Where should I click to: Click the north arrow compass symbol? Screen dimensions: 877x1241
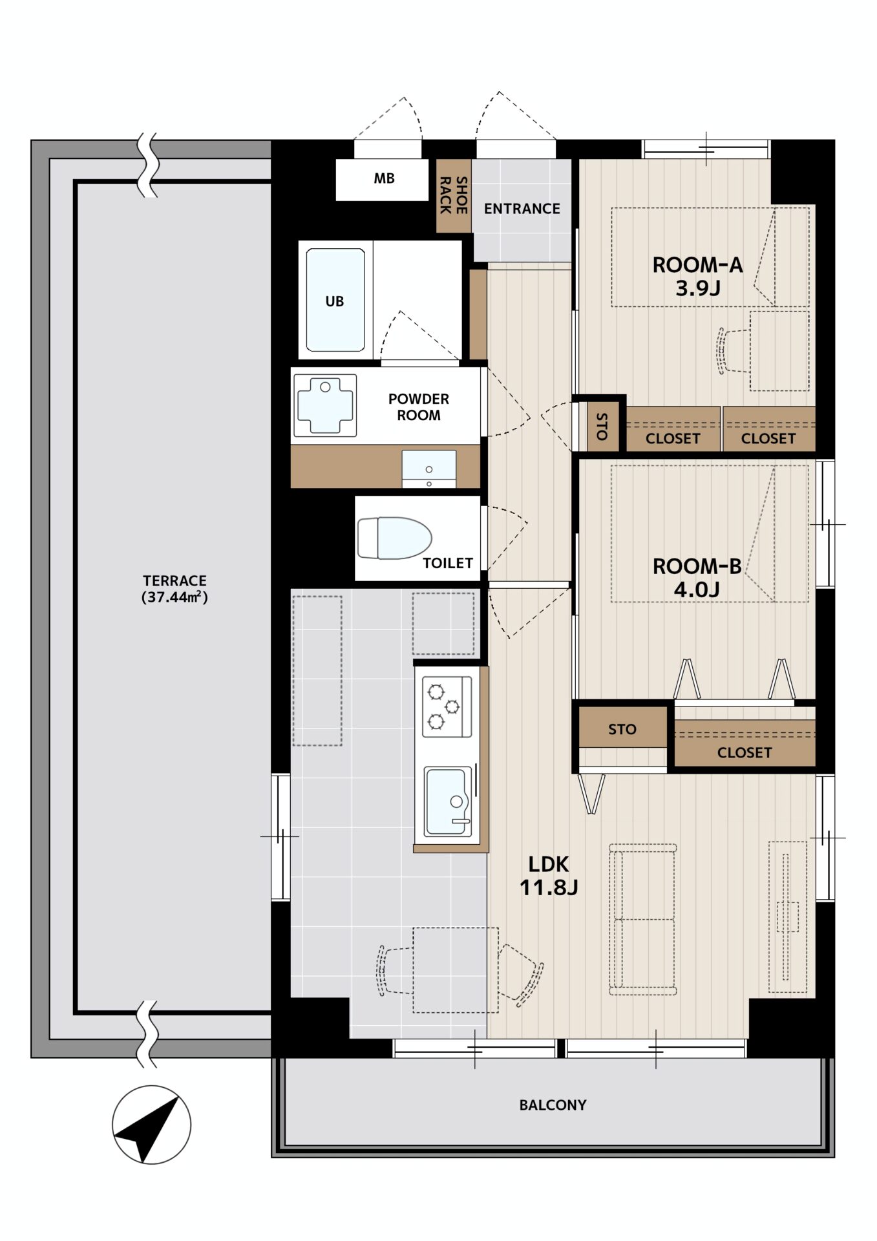point(151,1125)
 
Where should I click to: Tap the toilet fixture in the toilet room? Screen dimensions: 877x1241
point(394,538)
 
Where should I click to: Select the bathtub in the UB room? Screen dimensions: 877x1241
point(335,300)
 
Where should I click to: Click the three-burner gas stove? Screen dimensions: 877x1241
point(447,706)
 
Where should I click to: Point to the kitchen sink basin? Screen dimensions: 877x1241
point(447,801)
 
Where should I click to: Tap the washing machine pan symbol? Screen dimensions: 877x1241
point(325,405)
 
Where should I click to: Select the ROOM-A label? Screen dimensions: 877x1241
point(697,265)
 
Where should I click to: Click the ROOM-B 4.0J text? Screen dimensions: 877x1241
point(697,578)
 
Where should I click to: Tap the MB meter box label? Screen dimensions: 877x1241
point(384,178)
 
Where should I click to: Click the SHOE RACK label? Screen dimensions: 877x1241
point(454,195)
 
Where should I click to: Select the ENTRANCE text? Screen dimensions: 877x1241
point(522,209)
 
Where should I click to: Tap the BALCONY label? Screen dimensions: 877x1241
point(553,1105)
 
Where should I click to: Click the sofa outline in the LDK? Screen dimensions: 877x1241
point(642,919)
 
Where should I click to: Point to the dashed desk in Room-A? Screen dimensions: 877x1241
point(779,351)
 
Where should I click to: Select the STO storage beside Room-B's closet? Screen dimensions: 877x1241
point(622,729)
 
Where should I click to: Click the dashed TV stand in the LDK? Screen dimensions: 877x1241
point(788,917)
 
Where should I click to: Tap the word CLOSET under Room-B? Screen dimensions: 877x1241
point(745,753)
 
